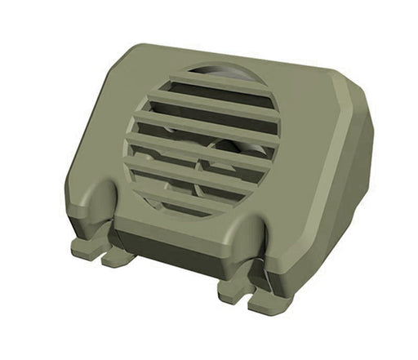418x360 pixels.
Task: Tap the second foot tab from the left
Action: click(117, 256)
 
